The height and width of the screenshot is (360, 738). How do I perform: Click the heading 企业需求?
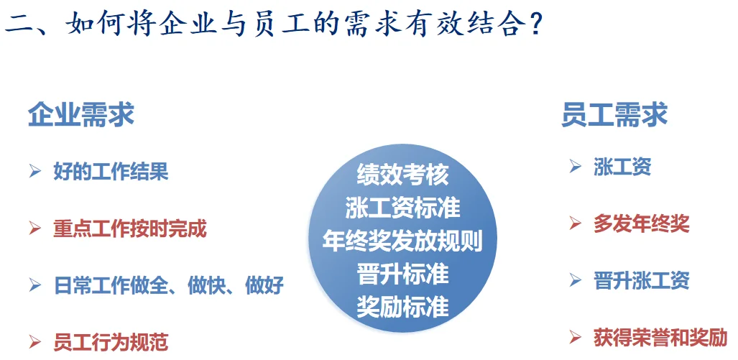click(81, 115)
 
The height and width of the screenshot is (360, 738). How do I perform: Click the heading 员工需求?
click(614, 115)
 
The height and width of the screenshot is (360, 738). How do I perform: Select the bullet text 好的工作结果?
click(111, 172)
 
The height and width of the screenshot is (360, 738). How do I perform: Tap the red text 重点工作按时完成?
click(130, 229)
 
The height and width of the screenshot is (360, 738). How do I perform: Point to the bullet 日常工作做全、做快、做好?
click(169, 285)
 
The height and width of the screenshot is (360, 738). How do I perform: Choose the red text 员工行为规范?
click(111, 341)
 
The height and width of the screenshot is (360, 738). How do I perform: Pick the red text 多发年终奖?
click(641, 223)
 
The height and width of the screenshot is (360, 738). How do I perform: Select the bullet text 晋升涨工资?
click(641, 280)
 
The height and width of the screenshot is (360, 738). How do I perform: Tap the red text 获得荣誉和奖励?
click(660, 336)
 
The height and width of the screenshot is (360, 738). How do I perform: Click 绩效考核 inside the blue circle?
click(402, 175)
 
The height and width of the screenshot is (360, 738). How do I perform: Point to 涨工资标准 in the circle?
click(402, 208)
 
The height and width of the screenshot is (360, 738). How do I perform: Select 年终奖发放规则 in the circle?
click(402, 241)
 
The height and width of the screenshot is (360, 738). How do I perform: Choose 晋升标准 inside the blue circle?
click(402, 274)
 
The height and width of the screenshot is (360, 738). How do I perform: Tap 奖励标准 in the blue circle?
click(402, 307)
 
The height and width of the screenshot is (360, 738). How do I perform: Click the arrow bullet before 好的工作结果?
click(34, 172)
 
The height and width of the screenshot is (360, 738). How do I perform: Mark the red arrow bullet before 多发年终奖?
click(575, 223)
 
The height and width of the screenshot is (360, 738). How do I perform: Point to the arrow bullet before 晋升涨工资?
click(575, 280)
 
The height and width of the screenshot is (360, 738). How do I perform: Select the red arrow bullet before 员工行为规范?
click(34, 341)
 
